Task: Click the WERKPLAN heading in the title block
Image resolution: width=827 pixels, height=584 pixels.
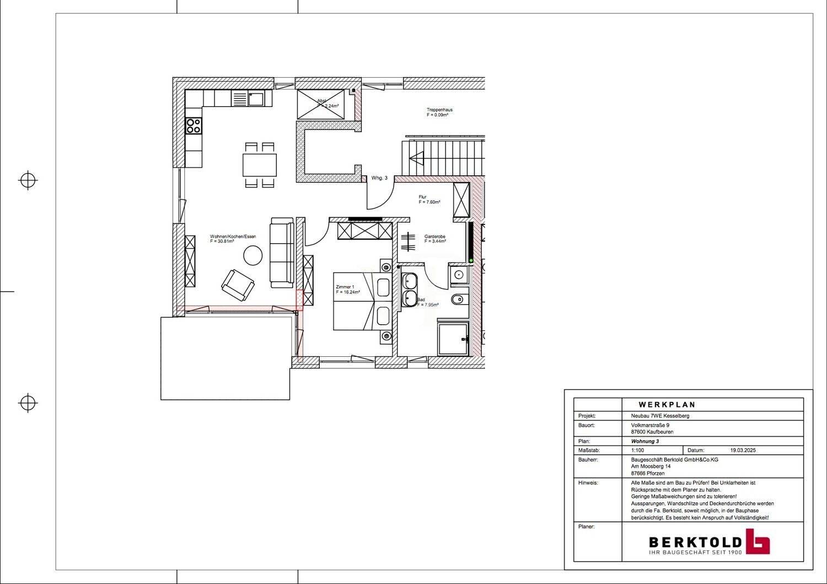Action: [667, 404]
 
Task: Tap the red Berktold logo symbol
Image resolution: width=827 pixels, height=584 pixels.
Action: [758, 542]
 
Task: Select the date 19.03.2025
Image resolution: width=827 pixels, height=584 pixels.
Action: [742, 450]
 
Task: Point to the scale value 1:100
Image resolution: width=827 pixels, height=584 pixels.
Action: [637, 450]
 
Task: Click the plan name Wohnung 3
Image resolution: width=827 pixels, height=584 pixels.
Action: [645, 441]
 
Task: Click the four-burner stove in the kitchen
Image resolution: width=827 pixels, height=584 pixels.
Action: [194, 126]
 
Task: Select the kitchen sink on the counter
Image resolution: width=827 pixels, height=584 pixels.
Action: [256, 99]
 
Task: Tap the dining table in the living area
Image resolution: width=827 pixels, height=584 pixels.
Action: [260, 164]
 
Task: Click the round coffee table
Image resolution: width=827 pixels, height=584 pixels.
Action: [254, 255]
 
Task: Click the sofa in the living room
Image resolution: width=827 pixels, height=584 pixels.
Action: [281, 253]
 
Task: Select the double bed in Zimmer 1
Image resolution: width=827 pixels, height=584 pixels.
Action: [361, 302]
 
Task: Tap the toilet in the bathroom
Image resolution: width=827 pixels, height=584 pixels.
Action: [458, 299]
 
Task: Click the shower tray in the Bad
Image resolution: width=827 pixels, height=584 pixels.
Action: [452, 339]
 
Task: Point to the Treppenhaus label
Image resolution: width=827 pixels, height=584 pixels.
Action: [439, 110]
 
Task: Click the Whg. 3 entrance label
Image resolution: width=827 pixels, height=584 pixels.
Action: [379, 178]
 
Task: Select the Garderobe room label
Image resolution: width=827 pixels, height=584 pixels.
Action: [434, 237]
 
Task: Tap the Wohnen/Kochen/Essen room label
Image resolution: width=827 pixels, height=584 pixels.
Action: [233, 237]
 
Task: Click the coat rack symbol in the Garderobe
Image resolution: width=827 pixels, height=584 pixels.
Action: [407, 242]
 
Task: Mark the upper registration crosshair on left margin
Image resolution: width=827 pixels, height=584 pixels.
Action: [28, 180]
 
